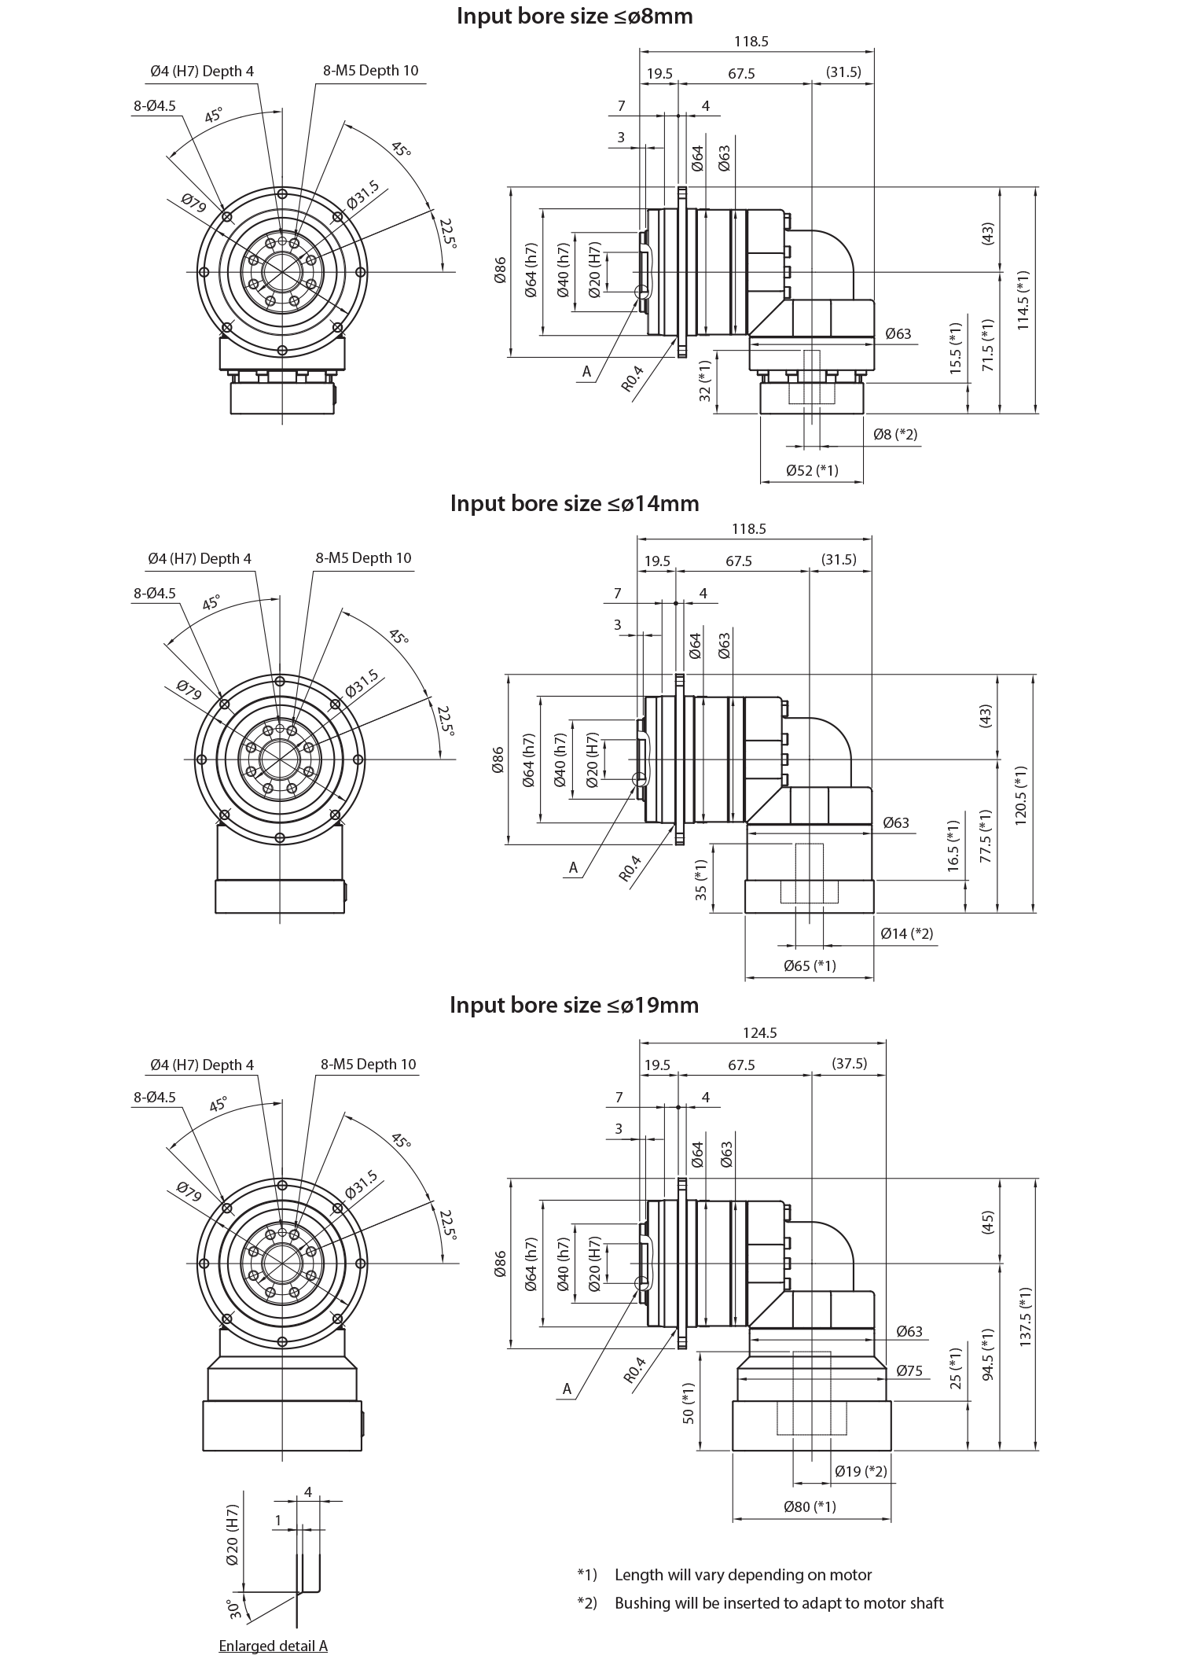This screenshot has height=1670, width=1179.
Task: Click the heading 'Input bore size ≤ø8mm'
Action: tap(575, 17)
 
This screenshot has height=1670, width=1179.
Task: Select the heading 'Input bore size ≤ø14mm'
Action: tap(575, 503)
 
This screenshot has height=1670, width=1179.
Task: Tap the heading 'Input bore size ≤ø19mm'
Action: tap(574, 1005)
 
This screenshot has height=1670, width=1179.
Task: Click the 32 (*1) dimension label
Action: tap(695, 381)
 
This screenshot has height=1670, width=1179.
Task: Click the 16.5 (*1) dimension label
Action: tap(946, 842)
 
